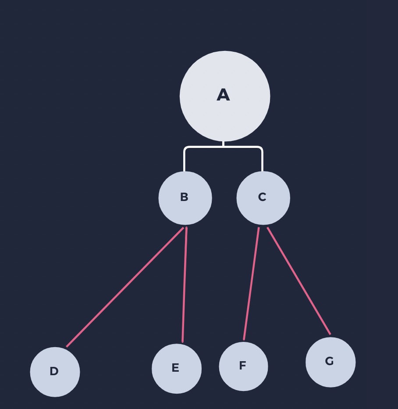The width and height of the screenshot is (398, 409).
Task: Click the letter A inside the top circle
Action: [223, 95]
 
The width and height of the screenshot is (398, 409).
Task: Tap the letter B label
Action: [184, 197]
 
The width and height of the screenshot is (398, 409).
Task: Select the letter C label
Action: [262, 197]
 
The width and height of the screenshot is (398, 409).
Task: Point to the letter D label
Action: [54, 371]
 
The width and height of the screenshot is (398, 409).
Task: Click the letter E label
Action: [175, 368]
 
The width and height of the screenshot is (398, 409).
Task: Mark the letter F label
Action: [242, 366]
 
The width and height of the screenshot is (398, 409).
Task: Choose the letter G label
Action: [329, 361]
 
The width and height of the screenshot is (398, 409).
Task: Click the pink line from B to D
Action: [125, 287]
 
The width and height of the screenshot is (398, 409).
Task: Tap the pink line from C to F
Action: [252, 283]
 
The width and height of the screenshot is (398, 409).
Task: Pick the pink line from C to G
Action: [298, 281]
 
